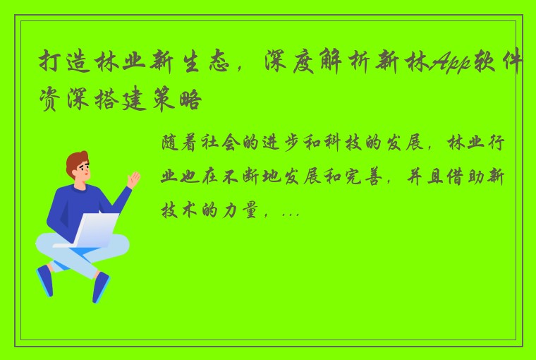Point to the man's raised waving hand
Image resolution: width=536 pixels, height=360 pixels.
[133, 179]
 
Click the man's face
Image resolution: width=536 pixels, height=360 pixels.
[82, 173]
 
